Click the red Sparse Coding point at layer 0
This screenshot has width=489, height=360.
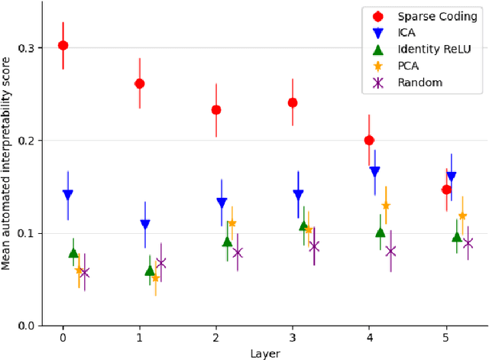tap(63, 46)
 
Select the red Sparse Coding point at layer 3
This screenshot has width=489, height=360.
tap(293, 102)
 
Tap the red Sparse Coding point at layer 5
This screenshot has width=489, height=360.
tap(446, 190)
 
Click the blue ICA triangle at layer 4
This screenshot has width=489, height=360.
tap(374, 172)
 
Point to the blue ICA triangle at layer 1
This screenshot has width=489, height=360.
tap(145, 225)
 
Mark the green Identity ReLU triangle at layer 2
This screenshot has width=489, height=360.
tap(227, 242)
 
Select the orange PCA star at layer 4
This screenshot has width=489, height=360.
tap(386, 206)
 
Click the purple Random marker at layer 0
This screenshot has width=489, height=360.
tap(84, 272)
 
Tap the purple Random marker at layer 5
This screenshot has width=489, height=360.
tap(468, 243)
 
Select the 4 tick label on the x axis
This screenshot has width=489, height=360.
tap(370, 336)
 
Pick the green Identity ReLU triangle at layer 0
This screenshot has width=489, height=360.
tap(73, 252)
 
